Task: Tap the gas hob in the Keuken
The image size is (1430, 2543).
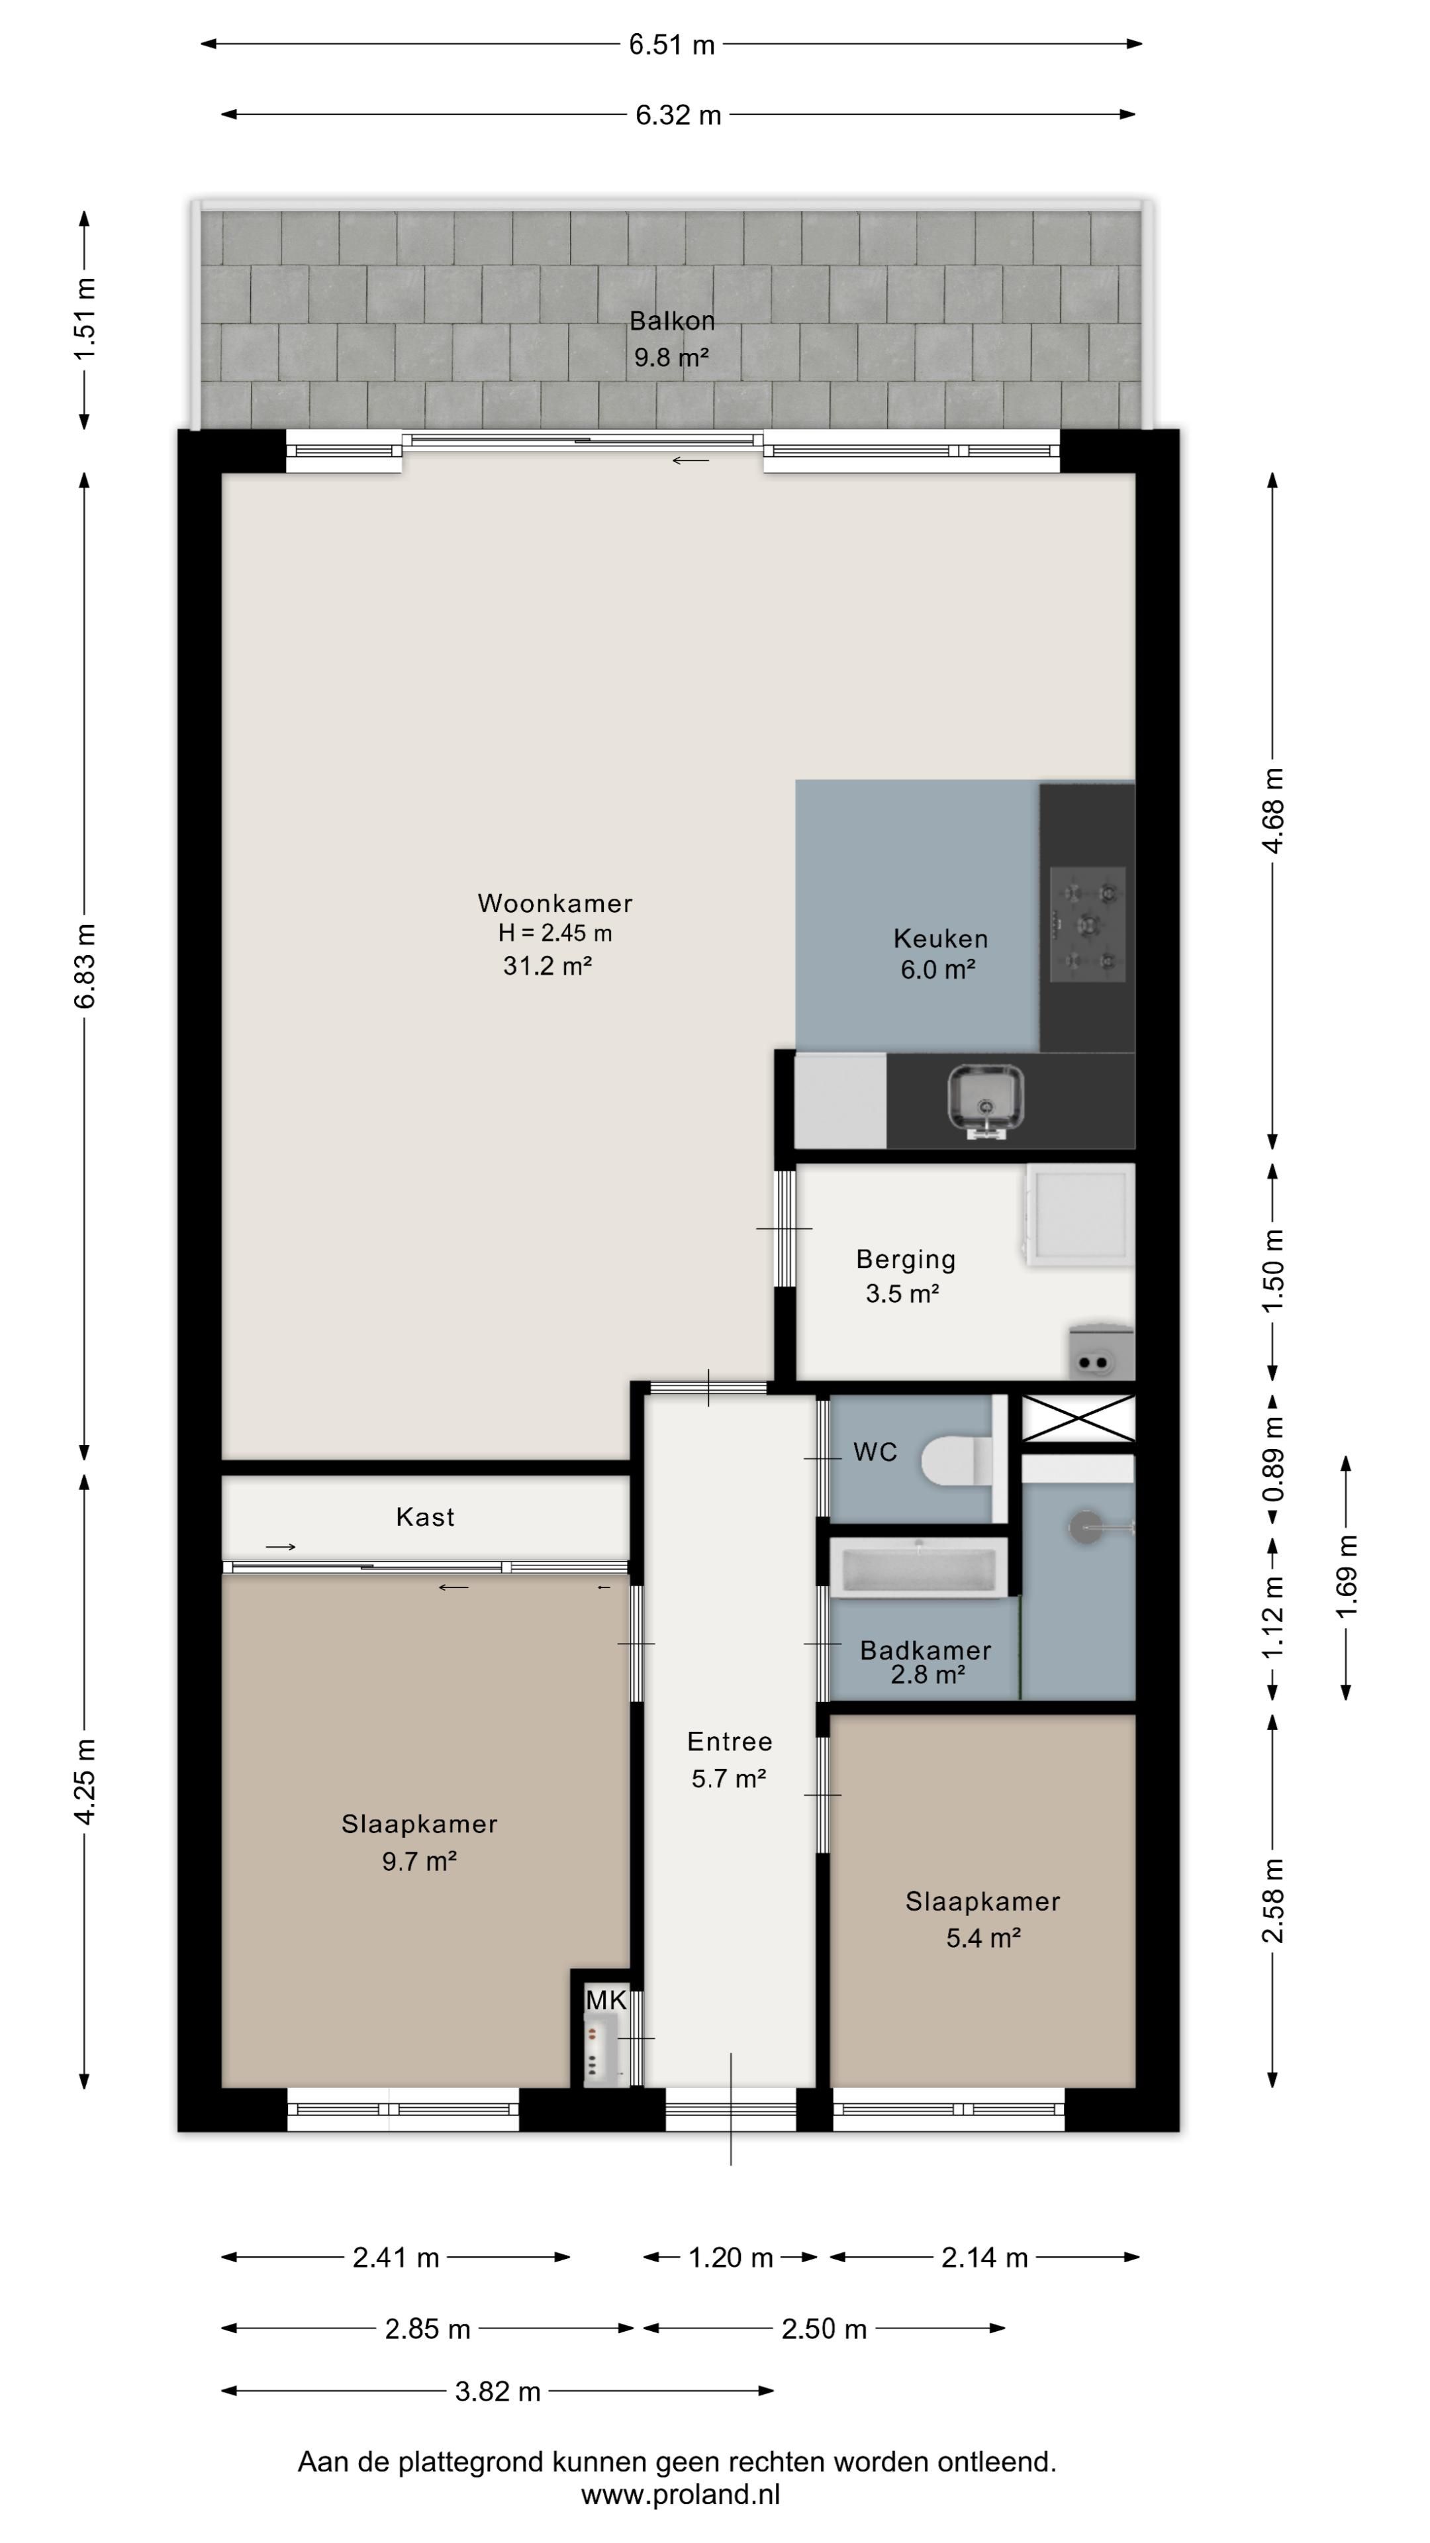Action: tap(1088, 924)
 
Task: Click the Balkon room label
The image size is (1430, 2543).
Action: tap(672, 321)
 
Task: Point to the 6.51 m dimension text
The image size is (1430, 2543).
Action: tap(672, 44)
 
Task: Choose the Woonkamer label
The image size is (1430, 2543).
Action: tap(555, 903)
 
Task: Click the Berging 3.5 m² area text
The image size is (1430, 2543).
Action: tap(902, 1293)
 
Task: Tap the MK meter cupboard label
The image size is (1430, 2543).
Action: tap(606, 2000)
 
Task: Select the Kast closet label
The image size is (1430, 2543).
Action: tap(425, 1517)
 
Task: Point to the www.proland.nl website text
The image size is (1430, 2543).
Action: tap(680, 2495)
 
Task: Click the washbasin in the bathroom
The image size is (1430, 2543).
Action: tap(1088, 1527)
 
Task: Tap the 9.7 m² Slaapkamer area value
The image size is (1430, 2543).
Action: tap(420, 1861)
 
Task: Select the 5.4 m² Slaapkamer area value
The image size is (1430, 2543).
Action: tap(983, 1938)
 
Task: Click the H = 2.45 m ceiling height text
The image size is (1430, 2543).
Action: tap(555, 933)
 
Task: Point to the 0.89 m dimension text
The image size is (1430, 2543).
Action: tap(1274, 1459)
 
